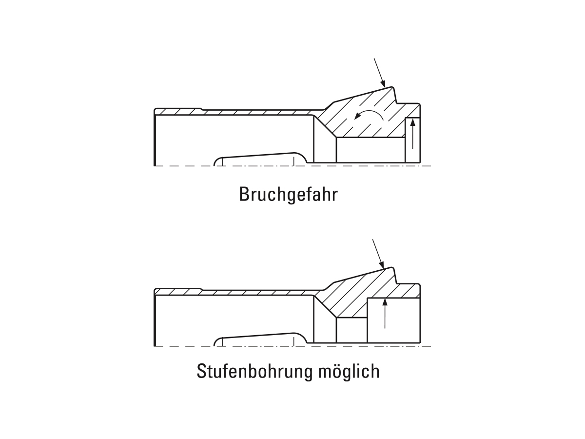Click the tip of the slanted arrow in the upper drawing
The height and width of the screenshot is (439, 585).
click(385, 87)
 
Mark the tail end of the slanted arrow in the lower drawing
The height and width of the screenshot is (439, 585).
click(372, 239)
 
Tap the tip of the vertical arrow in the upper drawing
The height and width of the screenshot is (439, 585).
click(412, 119)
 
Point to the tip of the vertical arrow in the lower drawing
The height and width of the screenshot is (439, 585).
click(385, 299)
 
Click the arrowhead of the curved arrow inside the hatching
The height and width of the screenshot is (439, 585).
click(355, 118)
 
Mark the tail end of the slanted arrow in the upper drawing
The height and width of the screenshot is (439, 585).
click(374, 59)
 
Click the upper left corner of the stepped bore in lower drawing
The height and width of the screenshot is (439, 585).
click(367, 298)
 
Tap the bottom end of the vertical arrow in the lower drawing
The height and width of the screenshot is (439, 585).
click(385, 328)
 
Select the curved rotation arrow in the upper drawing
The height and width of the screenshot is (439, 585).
click(369, 115)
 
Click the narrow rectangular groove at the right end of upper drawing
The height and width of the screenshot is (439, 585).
click(412, 140)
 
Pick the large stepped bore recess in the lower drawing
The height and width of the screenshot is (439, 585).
click(393, 320)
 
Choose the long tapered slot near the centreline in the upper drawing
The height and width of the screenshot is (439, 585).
click(261, 160)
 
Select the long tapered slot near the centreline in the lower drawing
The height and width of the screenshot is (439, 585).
click(261, 339)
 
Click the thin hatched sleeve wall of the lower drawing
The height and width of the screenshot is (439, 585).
click(234, 292)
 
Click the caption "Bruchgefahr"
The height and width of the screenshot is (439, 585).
click(289, 195)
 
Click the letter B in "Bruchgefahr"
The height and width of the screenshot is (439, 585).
click(244, 194)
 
